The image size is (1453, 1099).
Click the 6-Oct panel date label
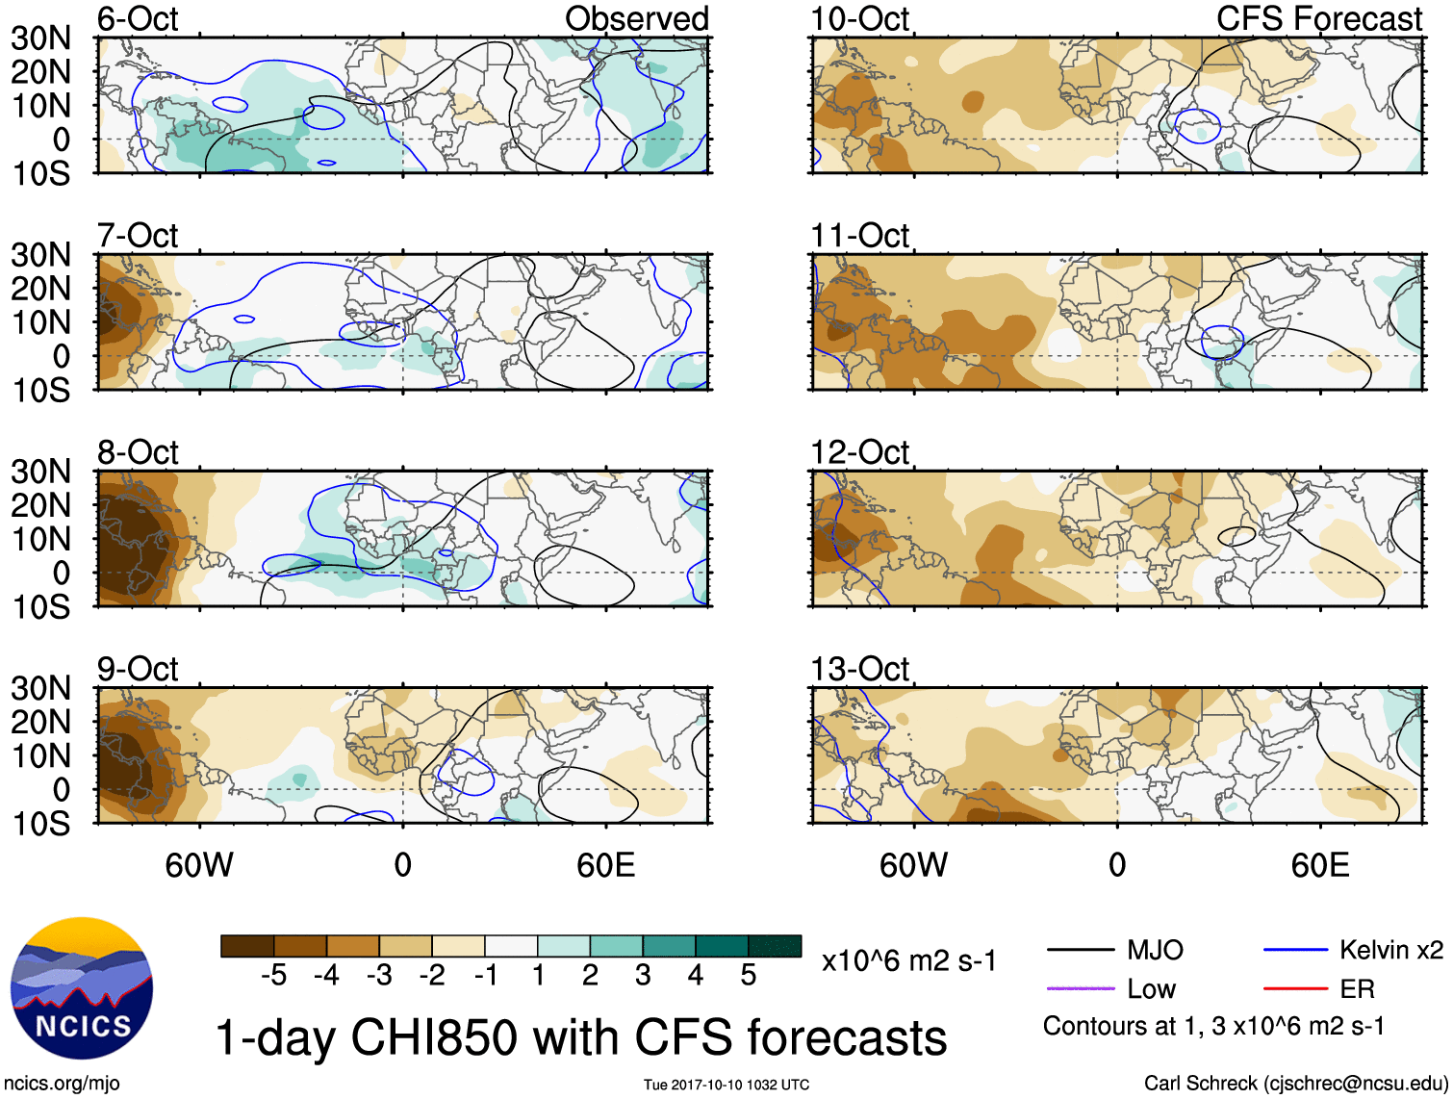(138, 18)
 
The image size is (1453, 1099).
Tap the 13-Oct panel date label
(859, 669)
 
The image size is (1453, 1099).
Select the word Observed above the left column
(636, 18)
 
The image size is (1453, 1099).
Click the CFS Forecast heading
(1318, 18)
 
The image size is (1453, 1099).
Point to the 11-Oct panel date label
(859, 236)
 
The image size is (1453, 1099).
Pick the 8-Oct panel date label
(138, 452)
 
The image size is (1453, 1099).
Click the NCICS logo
(82, 988)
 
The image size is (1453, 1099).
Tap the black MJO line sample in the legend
(1080, 951)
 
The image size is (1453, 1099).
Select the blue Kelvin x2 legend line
(1295, 951)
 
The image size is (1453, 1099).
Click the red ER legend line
(1295, 988)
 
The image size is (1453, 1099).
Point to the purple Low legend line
(1080, 988)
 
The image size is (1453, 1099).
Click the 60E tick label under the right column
(1319, 865)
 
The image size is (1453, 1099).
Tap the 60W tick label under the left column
(199, 865)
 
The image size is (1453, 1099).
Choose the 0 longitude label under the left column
(402, 865)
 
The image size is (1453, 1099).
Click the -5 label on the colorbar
(273, 976)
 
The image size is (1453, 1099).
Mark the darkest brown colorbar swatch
(247, 946)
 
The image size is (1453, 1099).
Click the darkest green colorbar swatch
(775, 946)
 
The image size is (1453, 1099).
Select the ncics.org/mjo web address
(63, 1084)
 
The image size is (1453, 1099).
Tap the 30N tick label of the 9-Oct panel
(40, 688)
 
